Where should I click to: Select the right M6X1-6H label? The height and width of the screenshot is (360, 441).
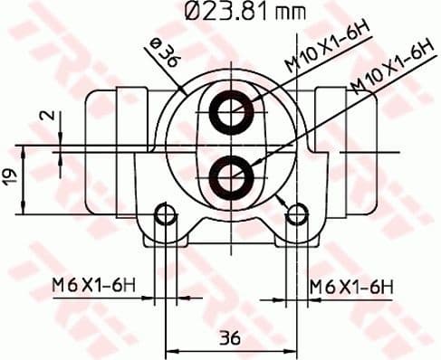click(x=351, y=286)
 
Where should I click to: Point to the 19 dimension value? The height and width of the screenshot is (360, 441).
click(x=10, y=176)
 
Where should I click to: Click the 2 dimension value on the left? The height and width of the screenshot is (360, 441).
click(x=51, y=116)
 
